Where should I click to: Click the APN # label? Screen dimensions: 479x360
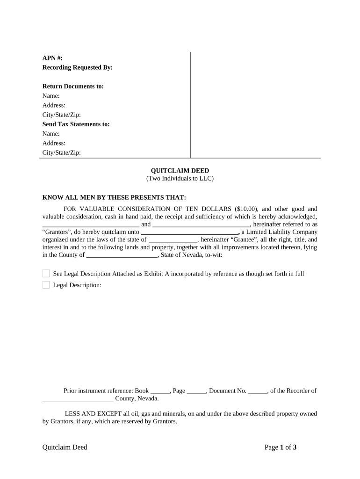[x=52, y=58]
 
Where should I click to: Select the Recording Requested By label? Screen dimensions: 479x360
[x=78, y=67]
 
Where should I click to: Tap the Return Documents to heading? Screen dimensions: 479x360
[x=73, y=87]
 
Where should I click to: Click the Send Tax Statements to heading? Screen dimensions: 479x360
[x=76, y=124]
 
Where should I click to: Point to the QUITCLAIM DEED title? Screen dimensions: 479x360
[x=180, y=171]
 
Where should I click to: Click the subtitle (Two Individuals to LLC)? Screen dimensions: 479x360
[x=180, y=179]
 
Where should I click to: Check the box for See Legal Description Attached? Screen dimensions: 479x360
[x=46, y=274]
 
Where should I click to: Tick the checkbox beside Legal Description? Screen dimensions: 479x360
[x=46, y=285]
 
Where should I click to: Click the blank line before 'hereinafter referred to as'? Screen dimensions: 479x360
[x=201, y=225]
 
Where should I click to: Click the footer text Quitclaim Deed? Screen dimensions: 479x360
[x=65, y=448]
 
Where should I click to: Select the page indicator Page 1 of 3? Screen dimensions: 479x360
[x=281, y=448]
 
